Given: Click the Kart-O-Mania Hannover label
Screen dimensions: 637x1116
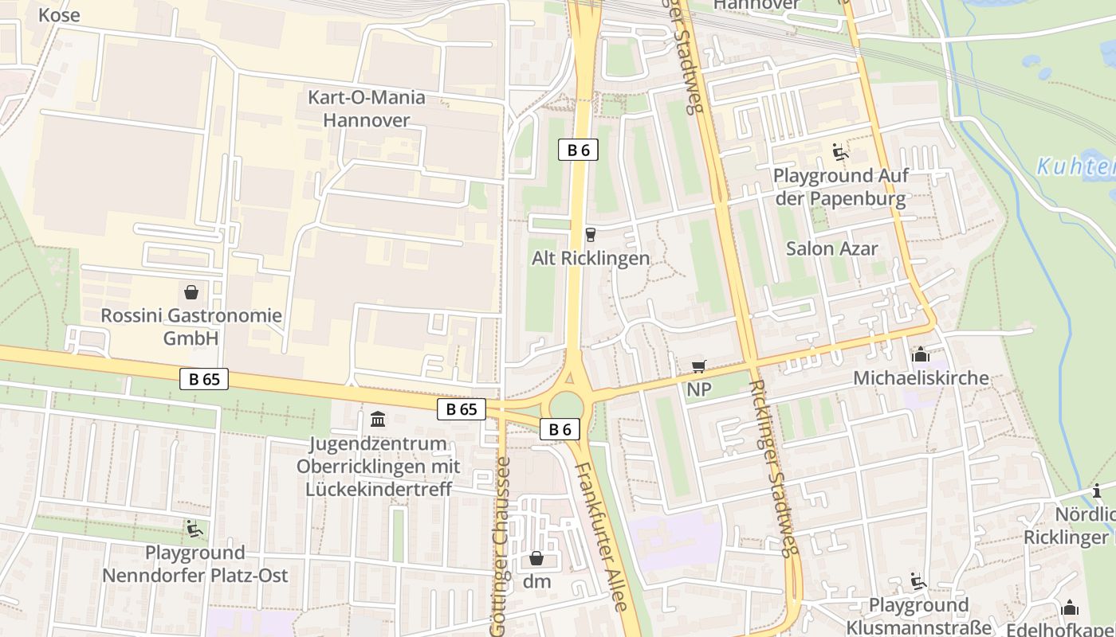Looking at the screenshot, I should point(367,109).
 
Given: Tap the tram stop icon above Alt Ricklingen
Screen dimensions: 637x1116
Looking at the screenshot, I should point(590,234).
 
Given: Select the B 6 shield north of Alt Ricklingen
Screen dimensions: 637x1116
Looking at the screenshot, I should point(578,150).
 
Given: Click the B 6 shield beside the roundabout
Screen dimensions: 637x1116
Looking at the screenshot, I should point(560,429).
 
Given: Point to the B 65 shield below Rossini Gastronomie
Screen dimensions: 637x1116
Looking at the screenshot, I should point(204,379).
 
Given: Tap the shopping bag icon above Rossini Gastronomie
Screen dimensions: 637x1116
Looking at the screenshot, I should point(191,292).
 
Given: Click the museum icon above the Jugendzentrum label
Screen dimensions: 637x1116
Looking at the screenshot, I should point(378,419).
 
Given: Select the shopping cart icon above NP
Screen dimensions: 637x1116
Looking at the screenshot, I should point(698,366).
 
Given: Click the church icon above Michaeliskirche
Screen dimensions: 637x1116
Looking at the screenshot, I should point(920,354).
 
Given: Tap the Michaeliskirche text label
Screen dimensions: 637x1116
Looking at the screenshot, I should point(921,378).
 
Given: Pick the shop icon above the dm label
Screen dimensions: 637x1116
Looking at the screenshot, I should point(536,558).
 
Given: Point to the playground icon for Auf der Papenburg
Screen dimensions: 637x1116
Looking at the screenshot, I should point(839,151).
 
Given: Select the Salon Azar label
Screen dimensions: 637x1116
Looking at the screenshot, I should point(831,248).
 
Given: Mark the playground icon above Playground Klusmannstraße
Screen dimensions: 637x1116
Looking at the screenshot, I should point(918,582).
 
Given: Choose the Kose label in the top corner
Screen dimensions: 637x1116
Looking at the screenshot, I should point(58,15).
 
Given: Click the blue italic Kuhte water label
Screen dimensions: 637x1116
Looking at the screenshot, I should point(1075,167).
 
